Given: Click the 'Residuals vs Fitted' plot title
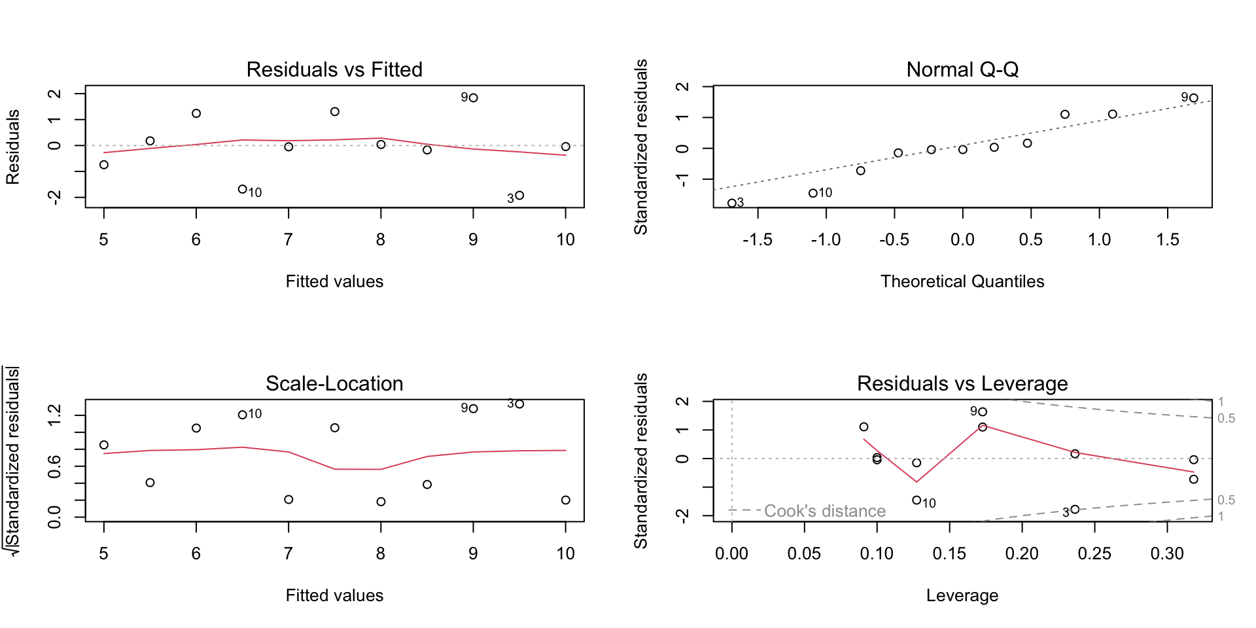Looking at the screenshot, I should pos(334,69).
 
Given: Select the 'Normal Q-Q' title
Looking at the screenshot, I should pos(962,69).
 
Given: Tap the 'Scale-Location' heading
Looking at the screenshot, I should pos(334,383).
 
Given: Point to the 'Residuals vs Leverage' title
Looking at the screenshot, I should pos(962,383).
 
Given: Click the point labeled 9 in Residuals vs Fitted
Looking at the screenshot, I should pos(474,98).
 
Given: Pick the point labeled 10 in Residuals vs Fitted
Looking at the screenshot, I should pos(243,189).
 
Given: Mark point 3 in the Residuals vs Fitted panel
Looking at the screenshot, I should pos(519,195).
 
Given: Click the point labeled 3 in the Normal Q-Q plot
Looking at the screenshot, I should pos(732,203).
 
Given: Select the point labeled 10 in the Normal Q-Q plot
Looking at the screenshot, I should pos(813,193).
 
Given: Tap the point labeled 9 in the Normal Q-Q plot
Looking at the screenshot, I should pos(1194,98).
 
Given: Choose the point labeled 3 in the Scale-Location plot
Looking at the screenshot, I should pos(519,404).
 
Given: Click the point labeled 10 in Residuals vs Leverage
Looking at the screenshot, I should pos(916,500).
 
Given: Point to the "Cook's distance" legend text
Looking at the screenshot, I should pos(825,511).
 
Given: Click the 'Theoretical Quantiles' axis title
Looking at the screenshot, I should pos(962,281).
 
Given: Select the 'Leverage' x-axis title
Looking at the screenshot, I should pos(962,595).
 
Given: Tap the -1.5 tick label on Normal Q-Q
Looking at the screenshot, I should pos(758,240).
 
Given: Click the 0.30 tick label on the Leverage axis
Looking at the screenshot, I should pos(1167,554).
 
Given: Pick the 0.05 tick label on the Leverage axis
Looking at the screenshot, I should pos(804,554).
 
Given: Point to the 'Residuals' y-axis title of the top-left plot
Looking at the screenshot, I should pos(13,147).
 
